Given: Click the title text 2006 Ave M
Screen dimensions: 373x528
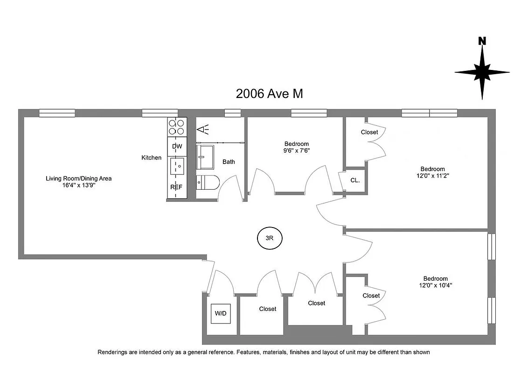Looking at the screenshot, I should pyautogui.click(x=270, y=94).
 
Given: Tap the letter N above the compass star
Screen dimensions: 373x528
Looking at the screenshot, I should pyautogui.click(x=482, y=41).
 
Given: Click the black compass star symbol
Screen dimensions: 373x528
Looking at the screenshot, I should pyautogui.click(x=482, y=73).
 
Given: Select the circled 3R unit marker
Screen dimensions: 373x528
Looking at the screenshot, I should pyautogui.click(x=269, y=238).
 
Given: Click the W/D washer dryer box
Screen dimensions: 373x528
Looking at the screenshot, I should pyautogui.click(x=220, y=313).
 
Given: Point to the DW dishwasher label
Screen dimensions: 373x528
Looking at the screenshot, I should pyautogui.click(x=177, y=146).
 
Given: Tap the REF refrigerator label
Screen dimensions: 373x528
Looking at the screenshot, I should pyautogui.click(x=177, y=187).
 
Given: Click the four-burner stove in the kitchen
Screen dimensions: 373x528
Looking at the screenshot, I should pyautogui.click(x=177, y=127).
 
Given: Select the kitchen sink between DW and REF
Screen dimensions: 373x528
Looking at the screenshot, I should pyautogui.click(x=177, y=166).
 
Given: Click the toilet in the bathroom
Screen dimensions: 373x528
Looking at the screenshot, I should pyautogui.click(x=206, y=182).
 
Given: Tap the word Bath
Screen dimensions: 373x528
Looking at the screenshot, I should pyautogui.click(x=229, y=162).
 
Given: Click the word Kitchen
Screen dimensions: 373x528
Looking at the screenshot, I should pyautogui.click(x=152, y=158).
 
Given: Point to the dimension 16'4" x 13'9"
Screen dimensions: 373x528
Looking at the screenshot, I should pyautogui.click(x=78, y=185).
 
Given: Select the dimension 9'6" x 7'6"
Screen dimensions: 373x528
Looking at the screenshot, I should pyautogui.click(x=296, y=151).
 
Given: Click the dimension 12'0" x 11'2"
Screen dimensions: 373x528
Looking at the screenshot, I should pyautogui.click(x=432, y=176).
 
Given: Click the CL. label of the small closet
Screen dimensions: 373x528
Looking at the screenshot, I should pyautogui.click(x=354, y=180).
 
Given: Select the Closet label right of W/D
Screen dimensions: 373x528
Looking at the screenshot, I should pyautogui.click(x=268, y=309).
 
